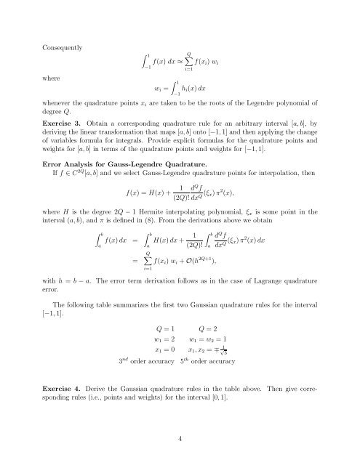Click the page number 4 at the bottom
click(x=180, y=437)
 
